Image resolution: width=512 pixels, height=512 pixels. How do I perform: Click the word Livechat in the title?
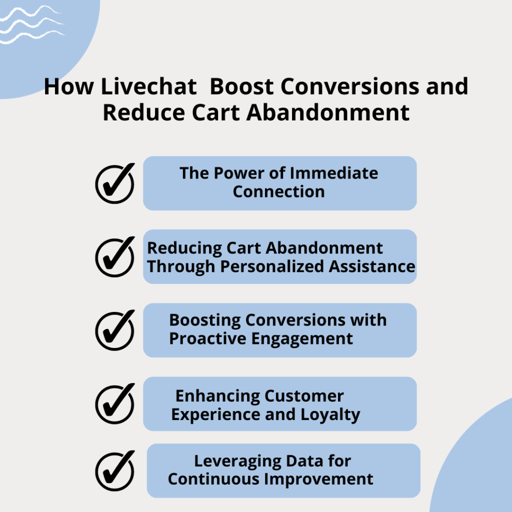(148, 86)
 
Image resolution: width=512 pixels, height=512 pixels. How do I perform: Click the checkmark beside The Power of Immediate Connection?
(115, 183)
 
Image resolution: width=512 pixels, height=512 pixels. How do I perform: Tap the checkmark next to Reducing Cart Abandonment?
(115, 256)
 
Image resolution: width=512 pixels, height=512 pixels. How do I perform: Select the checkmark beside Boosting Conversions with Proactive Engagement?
(115, 330)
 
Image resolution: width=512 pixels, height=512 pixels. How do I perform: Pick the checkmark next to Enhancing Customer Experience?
(115, 403)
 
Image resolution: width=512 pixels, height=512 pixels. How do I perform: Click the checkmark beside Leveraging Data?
(115, 470)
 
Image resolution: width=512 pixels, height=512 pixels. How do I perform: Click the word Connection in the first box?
(278, 191)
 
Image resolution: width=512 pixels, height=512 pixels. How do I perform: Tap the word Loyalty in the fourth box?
(332, 414)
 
